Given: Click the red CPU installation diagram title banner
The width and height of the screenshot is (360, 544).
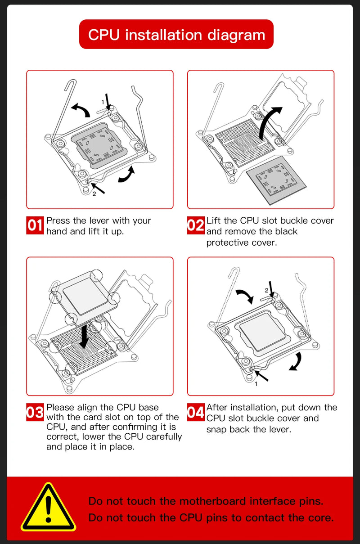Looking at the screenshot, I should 176,34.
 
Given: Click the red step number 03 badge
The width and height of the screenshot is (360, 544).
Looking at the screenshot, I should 35,413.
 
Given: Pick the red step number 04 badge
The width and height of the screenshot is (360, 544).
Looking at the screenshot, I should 196,413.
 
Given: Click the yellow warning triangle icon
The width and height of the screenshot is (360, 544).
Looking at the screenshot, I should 48,508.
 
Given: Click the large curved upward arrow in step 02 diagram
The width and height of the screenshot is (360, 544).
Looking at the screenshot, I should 270,121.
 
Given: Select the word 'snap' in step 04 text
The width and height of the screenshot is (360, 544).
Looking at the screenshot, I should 216,429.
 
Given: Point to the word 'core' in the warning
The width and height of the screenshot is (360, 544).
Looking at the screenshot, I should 319,518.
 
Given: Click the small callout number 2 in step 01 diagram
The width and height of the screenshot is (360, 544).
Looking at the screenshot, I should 94,194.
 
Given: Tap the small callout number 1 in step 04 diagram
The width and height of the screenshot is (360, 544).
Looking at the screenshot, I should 256,384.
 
